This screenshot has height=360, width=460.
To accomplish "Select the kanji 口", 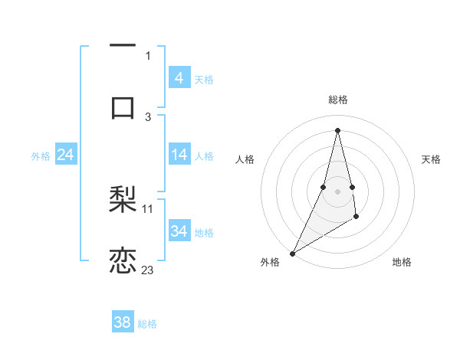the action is pyautogui.click(x=123, y=107).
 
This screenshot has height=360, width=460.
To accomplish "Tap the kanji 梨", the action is pyautogui.click(x=123, y=200).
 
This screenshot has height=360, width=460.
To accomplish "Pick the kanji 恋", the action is pyautogui.click(x=123, y=260).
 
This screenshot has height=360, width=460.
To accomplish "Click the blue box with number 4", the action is pyautogui.click(x=179, y=78).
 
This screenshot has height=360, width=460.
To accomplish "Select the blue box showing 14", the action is pyautogui.click(x=179, y=155).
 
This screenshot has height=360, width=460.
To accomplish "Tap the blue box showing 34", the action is pyautogui.click(x=179, y=231).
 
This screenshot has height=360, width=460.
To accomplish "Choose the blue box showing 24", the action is pyautogui.click(x=65, y=155).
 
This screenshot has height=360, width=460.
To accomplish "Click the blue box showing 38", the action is pyautogui.click(x=122, y=322).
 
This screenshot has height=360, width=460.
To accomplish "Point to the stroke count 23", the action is pyautogui.click(x=147, y=270).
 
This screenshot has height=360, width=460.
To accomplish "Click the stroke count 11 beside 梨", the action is pyautogui.click(x=148, y=208).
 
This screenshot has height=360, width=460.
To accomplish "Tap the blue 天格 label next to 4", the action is pyautogui.click(x=204, y=79).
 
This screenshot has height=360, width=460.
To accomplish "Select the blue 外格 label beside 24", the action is pyautogui.click(x=41, y=155).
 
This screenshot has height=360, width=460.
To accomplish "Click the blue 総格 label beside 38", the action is pyautogui.click(x=147, y=323).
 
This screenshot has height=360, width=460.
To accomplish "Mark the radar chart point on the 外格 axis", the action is pyautogui.click(x=292, y=253).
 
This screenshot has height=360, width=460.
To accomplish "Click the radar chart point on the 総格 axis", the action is pyautogui.click(x=337, y=130).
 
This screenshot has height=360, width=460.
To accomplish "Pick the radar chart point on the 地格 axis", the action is pyautogui.click(x=357, y=218).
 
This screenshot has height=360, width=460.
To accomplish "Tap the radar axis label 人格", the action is pyautogui.click(x=245, y=159).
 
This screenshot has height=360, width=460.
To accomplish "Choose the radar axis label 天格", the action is pyautogui.click(x=431, y=159).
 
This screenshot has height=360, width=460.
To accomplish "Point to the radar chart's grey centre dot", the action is pyautogui.click(x=337, y=191).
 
